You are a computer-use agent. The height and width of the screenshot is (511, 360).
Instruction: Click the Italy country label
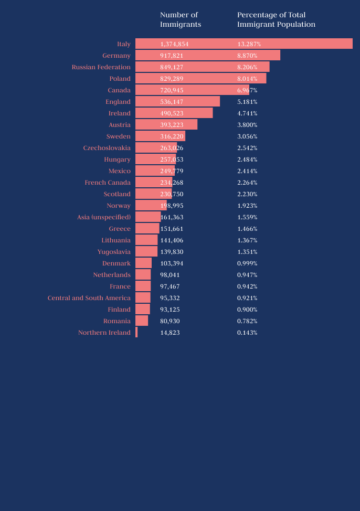tap(124, 44)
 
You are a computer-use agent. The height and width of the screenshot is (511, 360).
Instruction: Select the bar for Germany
tap(207, 56)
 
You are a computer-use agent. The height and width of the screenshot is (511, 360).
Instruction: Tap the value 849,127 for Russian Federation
tap(172, 67)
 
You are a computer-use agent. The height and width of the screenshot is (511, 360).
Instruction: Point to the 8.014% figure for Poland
tap(247, 79)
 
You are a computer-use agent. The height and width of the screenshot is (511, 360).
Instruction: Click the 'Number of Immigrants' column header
tap(181, 19)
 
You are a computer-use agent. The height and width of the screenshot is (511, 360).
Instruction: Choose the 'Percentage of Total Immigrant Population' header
tap(276, 19)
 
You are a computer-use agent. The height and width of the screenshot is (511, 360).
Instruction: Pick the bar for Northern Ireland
tap(136, 333)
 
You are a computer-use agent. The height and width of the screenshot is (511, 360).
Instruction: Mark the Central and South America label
tap(89, 298)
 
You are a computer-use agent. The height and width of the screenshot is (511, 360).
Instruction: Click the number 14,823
tap(170, 333)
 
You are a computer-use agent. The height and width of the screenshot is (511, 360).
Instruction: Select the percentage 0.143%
tap(247, 333)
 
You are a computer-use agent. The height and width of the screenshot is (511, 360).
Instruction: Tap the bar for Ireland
tap(174, 113)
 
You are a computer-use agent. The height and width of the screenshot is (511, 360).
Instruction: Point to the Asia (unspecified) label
tap(104, 217)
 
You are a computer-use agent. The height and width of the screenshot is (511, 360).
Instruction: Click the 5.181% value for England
tap(247, 102)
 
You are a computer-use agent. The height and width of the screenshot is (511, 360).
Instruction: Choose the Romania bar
tap(142, 321)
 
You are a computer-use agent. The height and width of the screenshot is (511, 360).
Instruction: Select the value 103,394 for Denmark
tap(172, 263)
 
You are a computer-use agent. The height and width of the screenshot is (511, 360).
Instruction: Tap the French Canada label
tap(108, 183)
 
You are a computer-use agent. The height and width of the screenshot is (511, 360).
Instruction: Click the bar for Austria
tap(166, 125)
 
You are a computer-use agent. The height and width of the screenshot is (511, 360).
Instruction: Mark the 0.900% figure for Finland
tap(247, 310)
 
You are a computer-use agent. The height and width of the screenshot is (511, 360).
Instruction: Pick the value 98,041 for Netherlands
tap(170, 275)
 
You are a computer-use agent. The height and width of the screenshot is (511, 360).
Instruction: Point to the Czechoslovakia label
tap(107, 148)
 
